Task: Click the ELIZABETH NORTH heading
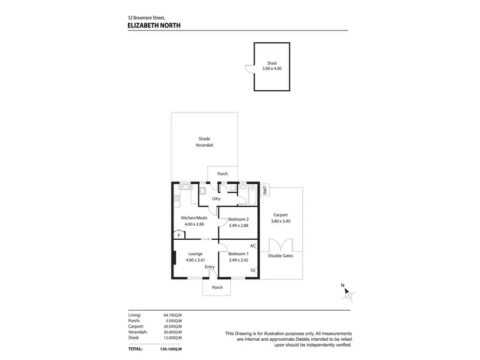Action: point(154,26)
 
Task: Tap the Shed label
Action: point(272,63)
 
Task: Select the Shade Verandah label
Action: point(204,142)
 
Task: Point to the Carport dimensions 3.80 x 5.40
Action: point(280,221)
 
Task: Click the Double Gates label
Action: point(280,256)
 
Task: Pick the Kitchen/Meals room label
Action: point(195,218)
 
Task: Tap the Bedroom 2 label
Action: point(238,219)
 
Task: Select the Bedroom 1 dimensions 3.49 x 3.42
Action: point(238,260)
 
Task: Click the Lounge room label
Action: point(195,254)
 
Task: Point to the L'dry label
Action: point(216,199)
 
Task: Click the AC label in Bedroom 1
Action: point(253,246)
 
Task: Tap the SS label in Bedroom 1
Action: point(253,270)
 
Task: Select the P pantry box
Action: point(179,235)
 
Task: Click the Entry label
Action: point(209,267)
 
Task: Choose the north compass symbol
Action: point(348,295)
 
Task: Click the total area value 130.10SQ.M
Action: point(171,349)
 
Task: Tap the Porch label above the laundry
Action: point(222,174)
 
